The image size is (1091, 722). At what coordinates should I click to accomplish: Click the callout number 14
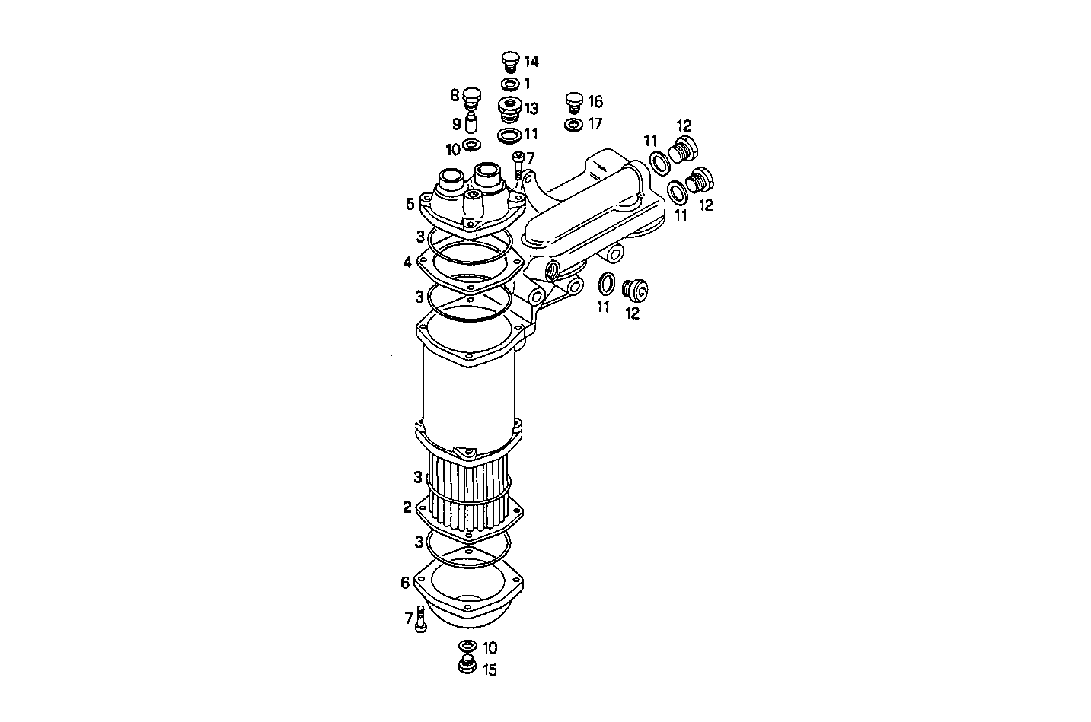(531, 62)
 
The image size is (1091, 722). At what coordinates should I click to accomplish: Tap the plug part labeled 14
(510, 62)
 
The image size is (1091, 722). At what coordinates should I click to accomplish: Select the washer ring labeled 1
(510, 84)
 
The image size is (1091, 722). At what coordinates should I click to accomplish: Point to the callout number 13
(531, 109)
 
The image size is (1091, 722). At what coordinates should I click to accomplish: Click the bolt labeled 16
(576, 102)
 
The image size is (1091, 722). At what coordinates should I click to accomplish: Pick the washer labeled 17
(574, 123)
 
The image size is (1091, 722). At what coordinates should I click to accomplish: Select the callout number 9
(457, 123)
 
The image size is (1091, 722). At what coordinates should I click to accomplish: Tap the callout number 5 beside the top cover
(410, 204)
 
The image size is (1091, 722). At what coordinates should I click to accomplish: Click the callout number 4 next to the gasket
(408, 262)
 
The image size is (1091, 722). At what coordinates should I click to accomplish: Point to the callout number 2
(407, 507)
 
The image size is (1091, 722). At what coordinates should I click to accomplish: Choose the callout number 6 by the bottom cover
(405, 583)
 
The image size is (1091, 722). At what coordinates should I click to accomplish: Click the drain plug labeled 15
(467, 666)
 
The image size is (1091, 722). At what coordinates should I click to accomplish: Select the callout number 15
(489, 670)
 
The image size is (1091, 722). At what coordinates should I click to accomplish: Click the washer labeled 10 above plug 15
(467, 647)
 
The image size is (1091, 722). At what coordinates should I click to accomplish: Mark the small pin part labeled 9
(472, 122)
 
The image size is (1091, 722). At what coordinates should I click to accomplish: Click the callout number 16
(595, 101)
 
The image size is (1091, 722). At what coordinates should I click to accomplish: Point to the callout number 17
(595, 122)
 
